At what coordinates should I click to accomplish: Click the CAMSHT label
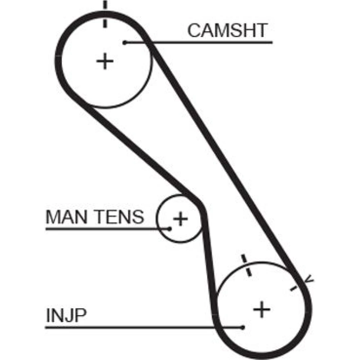[227, 30]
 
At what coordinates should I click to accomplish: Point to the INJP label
[66, 315]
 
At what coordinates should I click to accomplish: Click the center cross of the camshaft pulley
[105, 61]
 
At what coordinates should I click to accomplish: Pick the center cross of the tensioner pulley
[180, 219]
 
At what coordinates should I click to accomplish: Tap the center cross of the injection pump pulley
[262, 309]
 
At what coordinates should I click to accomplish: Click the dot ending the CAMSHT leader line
[125, 42]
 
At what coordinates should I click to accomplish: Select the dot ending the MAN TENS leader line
[170, 229]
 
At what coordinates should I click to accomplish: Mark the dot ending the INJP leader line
[243, 327]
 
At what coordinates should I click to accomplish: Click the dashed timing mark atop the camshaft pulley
[105, 14]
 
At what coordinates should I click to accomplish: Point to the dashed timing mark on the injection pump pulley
[246, 265]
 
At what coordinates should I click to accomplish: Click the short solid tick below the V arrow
[293, 288]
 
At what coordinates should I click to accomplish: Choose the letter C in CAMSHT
[194, 30]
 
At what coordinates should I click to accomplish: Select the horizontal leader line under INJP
[144, 327]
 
